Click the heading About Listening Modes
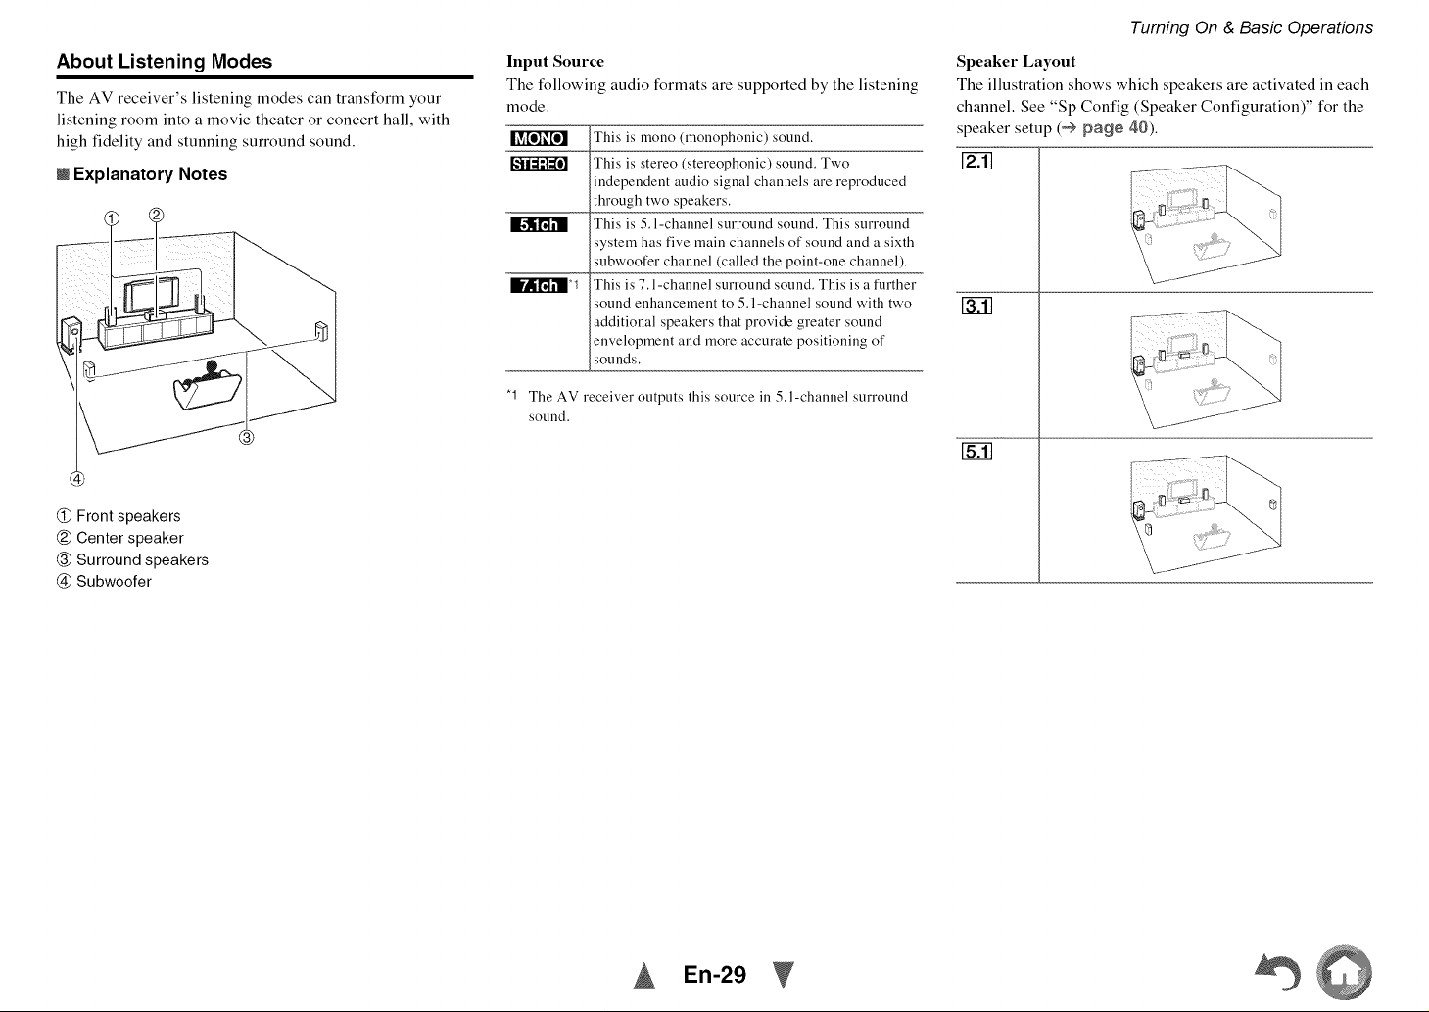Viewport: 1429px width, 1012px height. click(165, 62)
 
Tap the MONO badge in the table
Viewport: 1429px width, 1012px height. click(539, 138)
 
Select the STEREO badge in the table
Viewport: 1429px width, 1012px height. click(539, 164)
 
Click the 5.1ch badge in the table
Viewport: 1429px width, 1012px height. click(539, 224)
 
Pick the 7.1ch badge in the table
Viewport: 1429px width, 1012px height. click(539, 285)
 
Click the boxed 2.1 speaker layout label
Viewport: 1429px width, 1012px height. click(976, 161)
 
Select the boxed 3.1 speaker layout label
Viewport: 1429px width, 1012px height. click(976, 307)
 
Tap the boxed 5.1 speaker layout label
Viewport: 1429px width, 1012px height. click(976, 452)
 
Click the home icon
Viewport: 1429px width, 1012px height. click(1344, 973)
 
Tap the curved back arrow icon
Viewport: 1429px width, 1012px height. click(1278, 971)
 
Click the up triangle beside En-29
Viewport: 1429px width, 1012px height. click(644, 976)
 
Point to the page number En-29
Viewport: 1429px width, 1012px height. click(715, 975)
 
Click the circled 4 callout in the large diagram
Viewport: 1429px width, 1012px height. click(77, 478)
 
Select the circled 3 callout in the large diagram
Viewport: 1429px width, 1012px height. click(246, 437)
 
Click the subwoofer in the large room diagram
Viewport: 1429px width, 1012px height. click(71, 335)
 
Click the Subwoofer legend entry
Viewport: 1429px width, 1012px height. click(105, 581)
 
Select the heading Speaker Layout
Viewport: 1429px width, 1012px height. click(1016, 62)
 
